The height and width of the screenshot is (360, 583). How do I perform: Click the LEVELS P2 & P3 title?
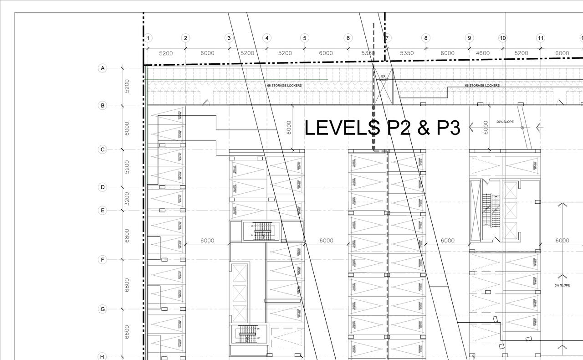(x=382, y=128)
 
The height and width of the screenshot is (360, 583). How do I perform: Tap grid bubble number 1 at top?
(x=148, y=38)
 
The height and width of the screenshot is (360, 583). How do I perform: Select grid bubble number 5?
(x=304, y=38)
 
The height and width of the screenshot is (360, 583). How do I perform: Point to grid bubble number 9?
(x=469, y=38)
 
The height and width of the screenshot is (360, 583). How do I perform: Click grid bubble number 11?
(x=540, y=38)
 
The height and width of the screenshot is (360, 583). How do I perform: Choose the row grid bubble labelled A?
(x=102, y=68)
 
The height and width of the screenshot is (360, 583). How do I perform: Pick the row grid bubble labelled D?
(x=102, y=187)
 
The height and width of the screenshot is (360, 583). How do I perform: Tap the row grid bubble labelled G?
(x=102, y=309)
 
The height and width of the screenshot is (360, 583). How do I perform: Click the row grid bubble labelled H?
(x=102, y=357)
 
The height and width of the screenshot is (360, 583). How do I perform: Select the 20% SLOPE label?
(x=505, y=122)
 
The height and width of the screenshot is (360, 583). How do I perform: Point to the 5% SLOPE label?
(x=562, y=285)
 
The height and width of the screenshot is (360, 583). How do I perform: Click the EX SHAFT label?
(x=384, y=78)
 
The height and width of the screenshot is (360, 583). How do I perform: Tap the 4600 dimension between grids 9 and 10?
(x=483, y=53)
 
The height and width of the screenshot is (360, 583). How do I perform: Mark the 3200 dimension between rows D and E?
(x=127, y=199)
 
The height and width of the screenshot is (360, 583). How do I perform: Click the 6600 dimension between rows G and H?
(x=127, y=332)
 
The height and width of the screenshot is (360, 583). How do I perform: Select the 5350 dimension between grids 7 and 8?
(x=407, y=53)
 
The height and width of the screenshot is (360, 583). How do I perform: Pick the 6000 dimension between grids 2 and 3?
(x=207, y=53)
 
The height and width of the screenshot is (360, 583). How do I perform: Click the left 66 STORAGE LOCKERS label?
(x=284, y=85)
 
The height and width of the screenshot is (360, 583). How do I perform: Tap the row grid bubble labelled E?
(x=102, y=211)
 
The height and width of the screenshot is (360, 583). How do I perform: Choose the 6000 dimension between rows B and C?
(x=127, y=128)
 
